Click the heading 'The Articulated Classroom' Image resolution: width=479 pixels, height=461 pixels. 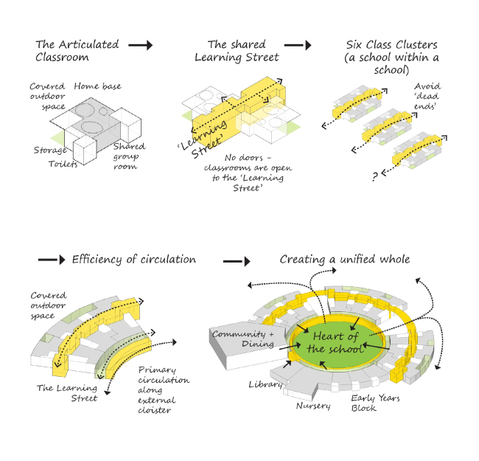(76, 50)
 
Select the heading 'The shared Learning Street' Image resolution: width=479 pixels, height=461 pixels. (237, 50)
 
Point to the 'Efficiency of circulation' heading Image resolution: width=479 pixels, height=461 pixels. (133, 259)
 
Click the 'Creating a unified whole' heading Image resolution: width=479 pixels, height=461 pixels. (345, 259)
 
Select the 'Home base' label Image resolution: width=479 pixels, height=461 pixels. (98, 87)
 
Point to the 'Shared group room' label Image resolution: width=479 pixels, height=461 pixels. (128, 156)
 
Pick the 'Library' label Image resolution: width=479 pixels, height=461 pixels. (265, 384)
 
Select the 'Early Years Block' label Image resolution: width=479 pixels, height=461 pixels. (376, 403)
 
